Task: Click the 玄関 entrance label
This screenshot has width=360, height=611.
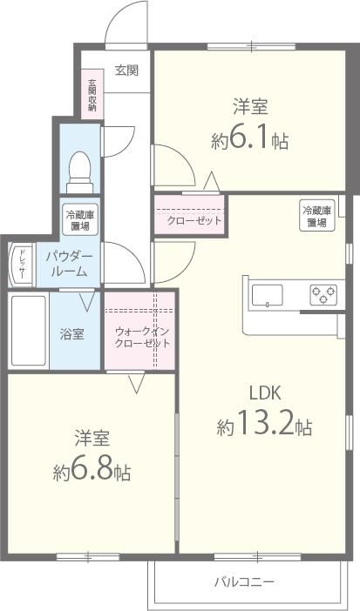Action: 126,71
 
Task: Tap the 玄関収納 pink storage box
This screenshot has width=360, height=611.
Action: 92,96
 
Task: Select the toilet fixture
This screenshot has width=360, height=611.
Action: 80,169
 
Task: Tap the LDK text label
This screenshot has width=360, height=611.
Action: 265,391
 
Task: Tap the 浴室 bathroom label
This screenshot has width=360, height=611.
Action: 72,334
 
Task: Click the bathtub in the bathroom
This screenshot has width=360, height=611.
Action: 29,332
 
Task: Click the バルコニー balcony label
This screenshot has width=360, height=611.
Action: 245,581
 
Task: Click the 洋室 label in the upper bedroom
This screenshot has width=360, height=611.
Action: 250,107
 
